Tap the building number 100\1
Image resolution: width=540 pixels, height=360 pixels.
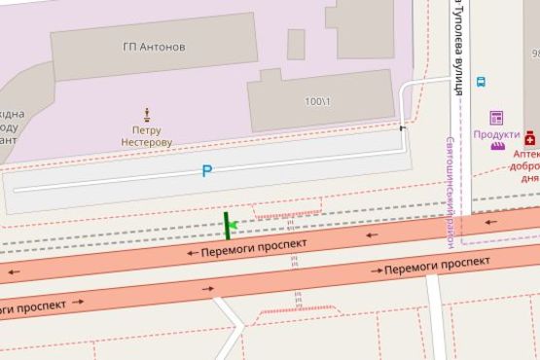point(317,101)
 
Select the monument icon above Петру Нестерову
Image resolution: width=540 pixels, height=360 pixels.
point(147,113)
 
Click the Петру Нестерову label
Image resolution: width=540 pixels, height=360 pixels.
point(146,135)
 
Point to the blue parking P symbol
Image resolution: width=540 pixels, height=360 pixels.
point(206,171)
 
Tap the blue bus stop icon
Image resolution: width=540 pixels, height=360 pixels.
point(481,83)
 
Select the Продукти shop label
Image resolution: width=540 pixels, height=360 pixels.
point(496,133)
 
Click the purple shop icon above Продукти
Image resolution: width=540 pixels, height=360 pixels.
point(496,118)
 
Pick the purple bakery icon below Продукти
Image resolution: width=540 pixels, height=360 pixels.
point(497,147)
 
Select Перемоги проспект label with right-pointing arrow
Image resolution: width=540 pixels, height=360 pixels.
point(435,266)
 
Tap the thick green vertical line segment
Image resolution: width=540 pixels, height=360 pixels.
point(227,226)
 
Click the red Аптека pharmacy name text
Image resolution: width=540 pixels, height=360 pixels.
point(525,154)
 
